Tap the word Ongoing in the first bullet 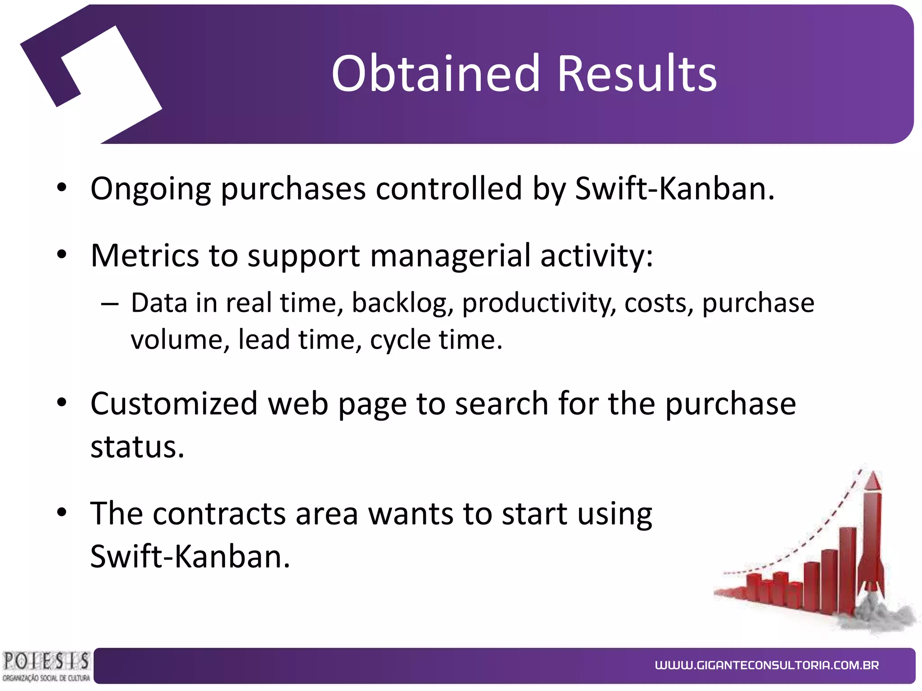pyautogui.click(x=150, y=189)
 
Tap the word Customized pyautogui.click(x=174, y=403)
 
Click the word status pyautogui.click(x=137, y=447)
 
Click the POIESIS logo pyautogui.click(x=45, y=665)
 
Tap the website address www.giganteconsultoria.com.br pyautogui.click(x=766, y=665)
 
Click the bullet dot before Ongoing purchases pyautogui.click(x=62, y=188)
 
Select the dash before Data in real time pyautogui.click(x=110, y=305)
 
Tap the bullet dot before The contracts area pyautogui.click(x=62, y=512)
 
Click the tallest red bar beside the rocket pyautogui.click(x=847, y=569)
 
